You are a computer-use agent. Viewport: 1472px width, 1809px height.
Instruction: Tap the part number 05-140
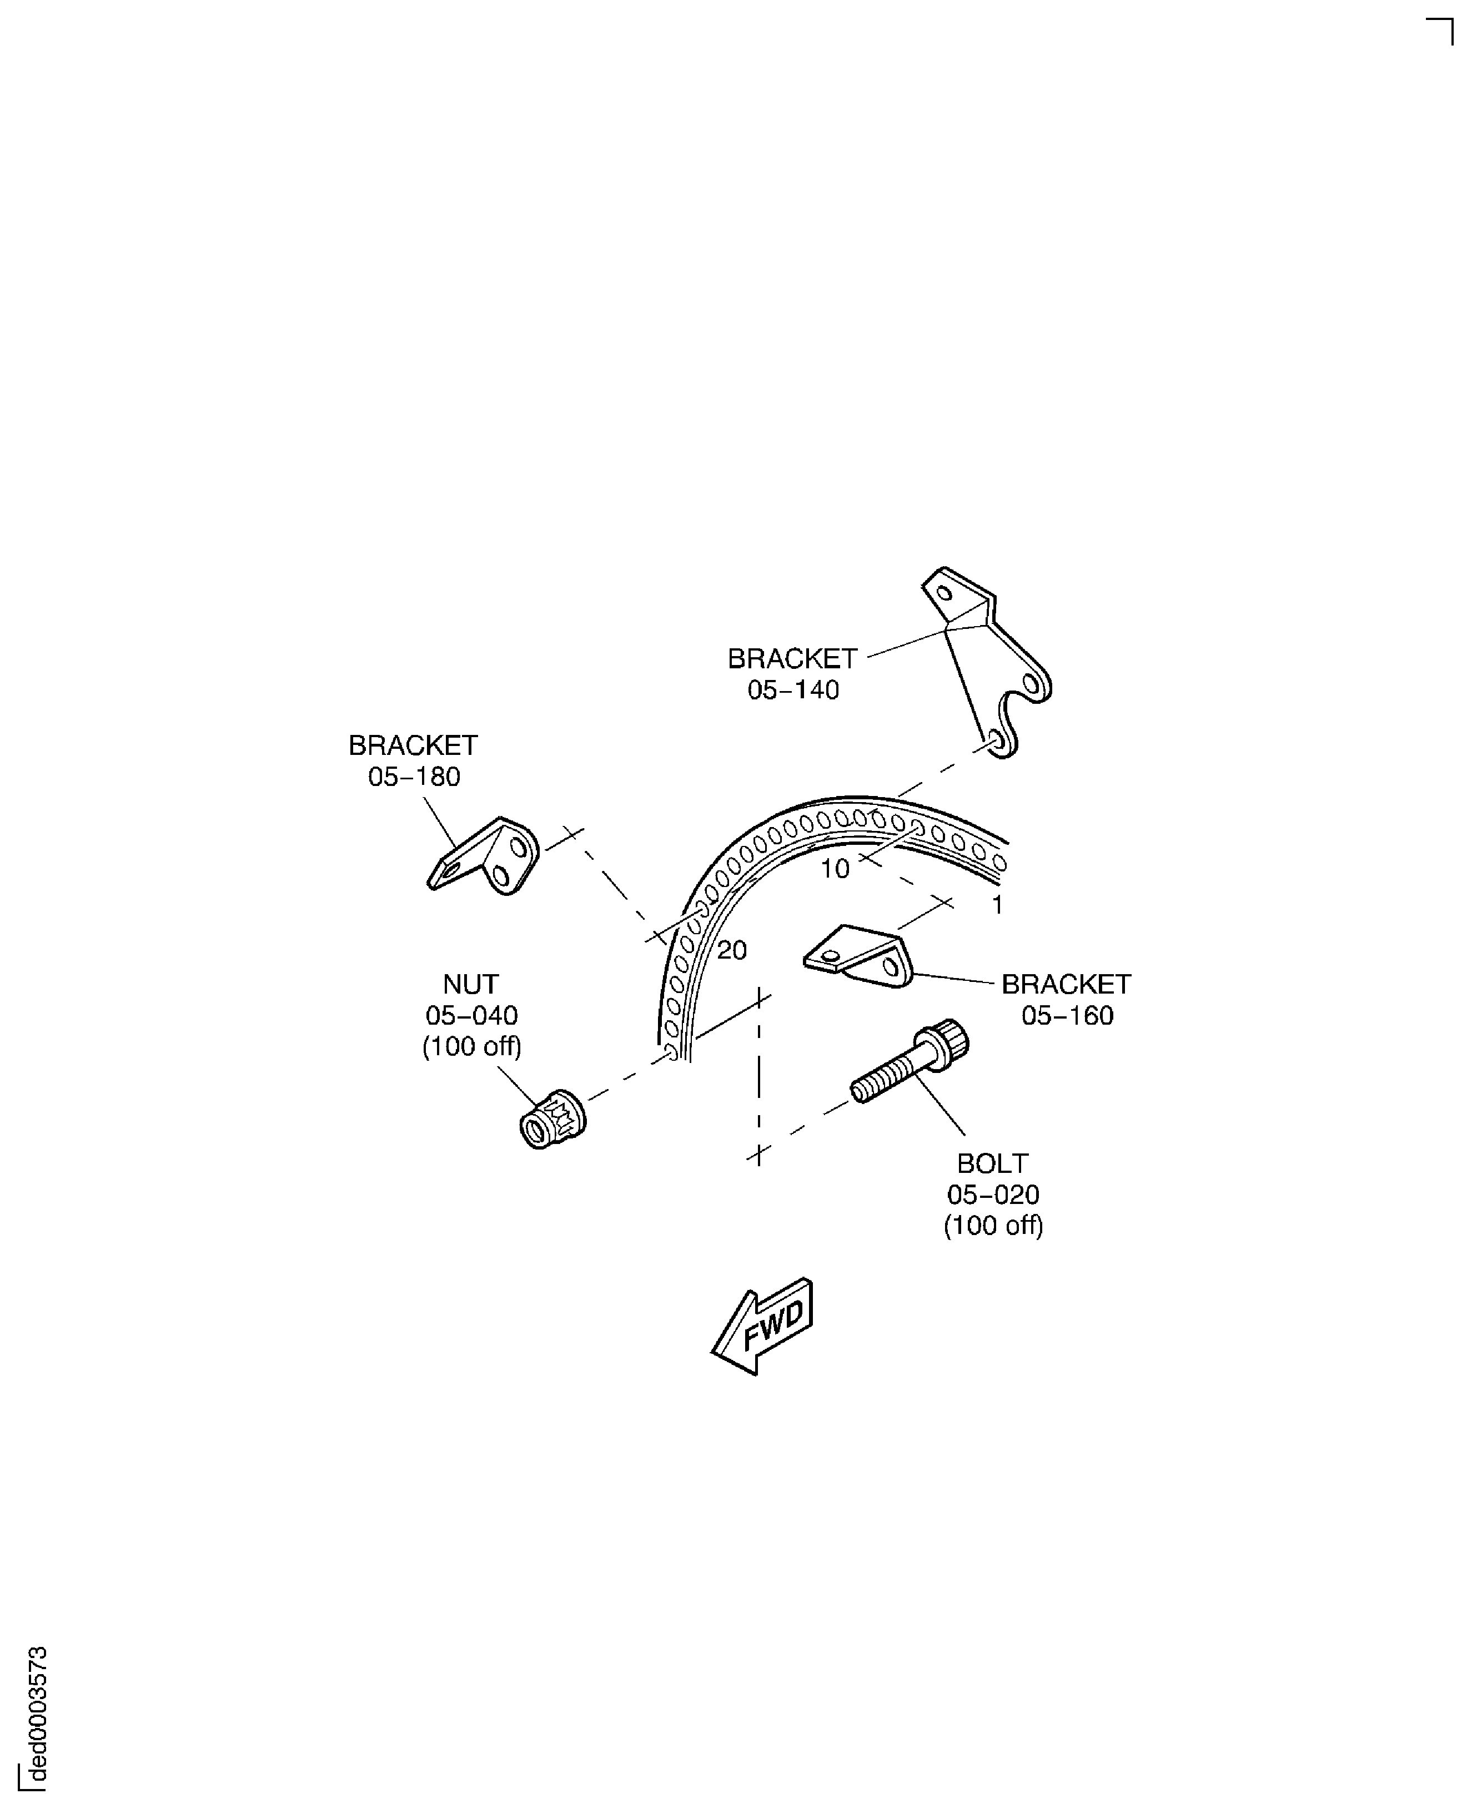point(793,690)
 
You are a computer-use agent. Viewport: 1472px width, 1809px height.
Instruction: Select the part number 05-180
point(414,777)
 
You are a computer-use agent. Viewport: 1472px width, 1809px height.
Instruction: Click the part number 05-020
point(993,1195)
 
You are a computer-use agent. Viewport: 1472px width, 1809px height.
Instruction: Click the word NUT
point(471,984)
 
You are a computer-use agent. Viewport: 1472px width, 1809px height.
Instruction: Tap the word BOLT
point(993,1163)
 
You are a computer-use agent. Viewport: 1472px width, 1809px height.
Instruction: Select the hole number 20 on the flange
point(732,950)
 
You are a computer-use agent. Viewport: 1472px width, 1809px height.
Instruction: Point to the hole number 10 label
point(835,869)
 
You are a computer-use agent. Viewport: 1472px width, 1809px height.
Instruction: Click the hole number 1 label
point(998,905)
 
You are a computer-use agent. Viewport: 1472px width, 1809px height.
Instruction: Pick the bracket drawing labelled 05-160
point(861,957)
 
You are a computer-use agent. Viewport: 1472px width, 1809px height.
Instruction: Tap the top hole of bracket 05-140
point(944,592)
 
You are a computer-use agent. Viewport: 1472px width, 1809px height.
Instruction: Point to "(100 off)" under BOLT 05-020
point(993,1226)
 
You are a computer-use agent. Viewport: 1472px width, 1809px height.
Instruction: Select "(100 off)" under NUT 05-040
point(471,1047)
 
